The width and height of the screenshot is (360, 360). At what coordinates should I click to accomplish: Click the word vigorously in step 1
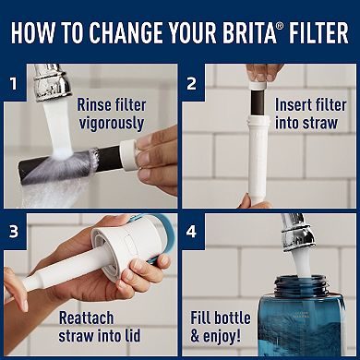111,123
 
